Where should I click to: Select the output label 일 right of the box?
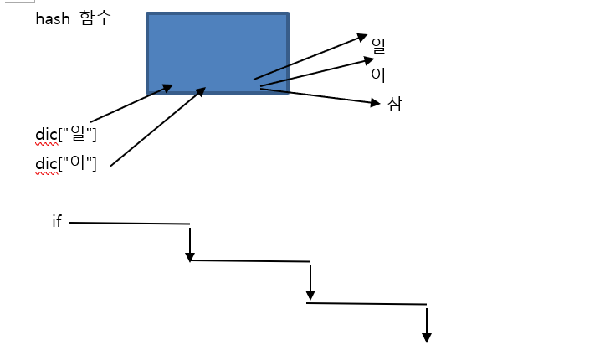click(x=378, y=46)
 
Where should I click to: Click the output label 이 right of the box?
click(x=378, y=74)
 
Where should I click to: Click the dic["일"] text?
click(x=66, y=135)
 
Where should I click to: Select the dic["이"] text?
click(x=66, y=163)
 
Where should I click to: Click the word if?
click(x=57, y=222)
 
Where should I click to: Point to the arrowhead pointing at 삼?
click(x=376, y=103)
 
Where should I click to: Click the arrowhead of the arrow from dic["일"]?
click(x=168, y=87)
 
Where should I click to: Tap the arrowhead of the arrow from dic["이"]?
click(x=200, y=90)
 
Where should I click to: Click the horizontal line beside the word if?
click(x=130, y=223)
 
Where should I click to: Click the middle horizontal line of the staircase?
click(x=251, y=261)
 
